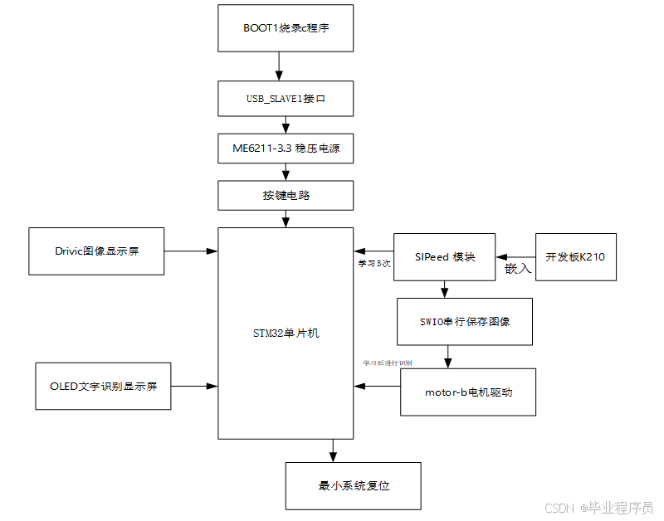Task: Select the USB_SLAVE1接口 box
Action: [x=286, y=98]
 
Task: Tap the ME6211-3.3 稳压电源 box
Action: [x=286, y=149]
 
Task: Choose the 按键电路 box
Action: [x=286, y=196]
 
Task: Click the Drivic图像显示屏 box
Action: [x=96, y=250]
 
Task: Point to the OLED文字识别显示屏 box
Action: [x=103, y=386]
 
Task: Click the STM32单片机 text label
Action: [x=286, y=334]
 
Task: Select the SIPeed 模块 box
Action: [x=445, y=257]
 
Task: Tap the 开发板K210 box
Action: [x=575, y=257]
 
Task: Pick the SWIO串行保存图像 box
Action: [x=465, y=321]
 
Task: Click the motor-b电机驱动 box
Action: [x=468, y=392]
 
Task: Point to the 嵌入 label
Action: [x=518, y=270]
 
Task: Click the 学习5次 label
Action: [x=374, y=264]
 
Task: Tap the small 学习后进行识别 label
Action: [x=388, y=363]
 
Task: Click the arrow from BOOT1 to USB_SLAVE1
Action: [x=278, y=66]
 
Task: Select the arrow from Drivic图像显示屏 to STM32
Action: [x=191, y=250]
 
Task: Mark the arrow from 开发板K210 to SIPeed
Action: [x=515, y=257]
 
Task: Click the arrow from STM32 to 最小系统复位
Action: [x=334, y=450]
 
